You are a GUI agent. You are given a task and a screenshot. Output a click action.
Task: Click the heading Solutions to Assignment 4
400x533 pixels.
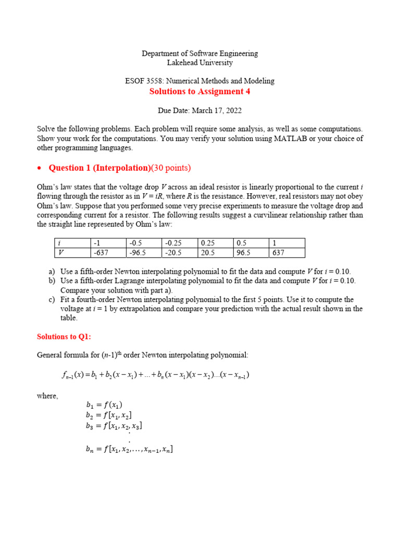coord(200,92)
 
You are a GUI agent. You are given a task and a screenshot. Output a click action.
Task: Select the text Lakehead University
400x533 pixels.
coord(200,63)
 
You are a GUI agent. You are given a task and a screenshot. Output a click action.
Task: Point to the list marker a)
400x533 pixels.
coord(51,272)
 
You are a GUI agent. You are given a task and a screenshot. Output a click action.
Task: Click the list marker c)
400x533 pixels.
coord(51,300)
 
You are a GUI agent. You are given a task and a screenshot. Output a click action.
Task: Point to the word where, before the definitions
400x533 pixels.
coord(47,396)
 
